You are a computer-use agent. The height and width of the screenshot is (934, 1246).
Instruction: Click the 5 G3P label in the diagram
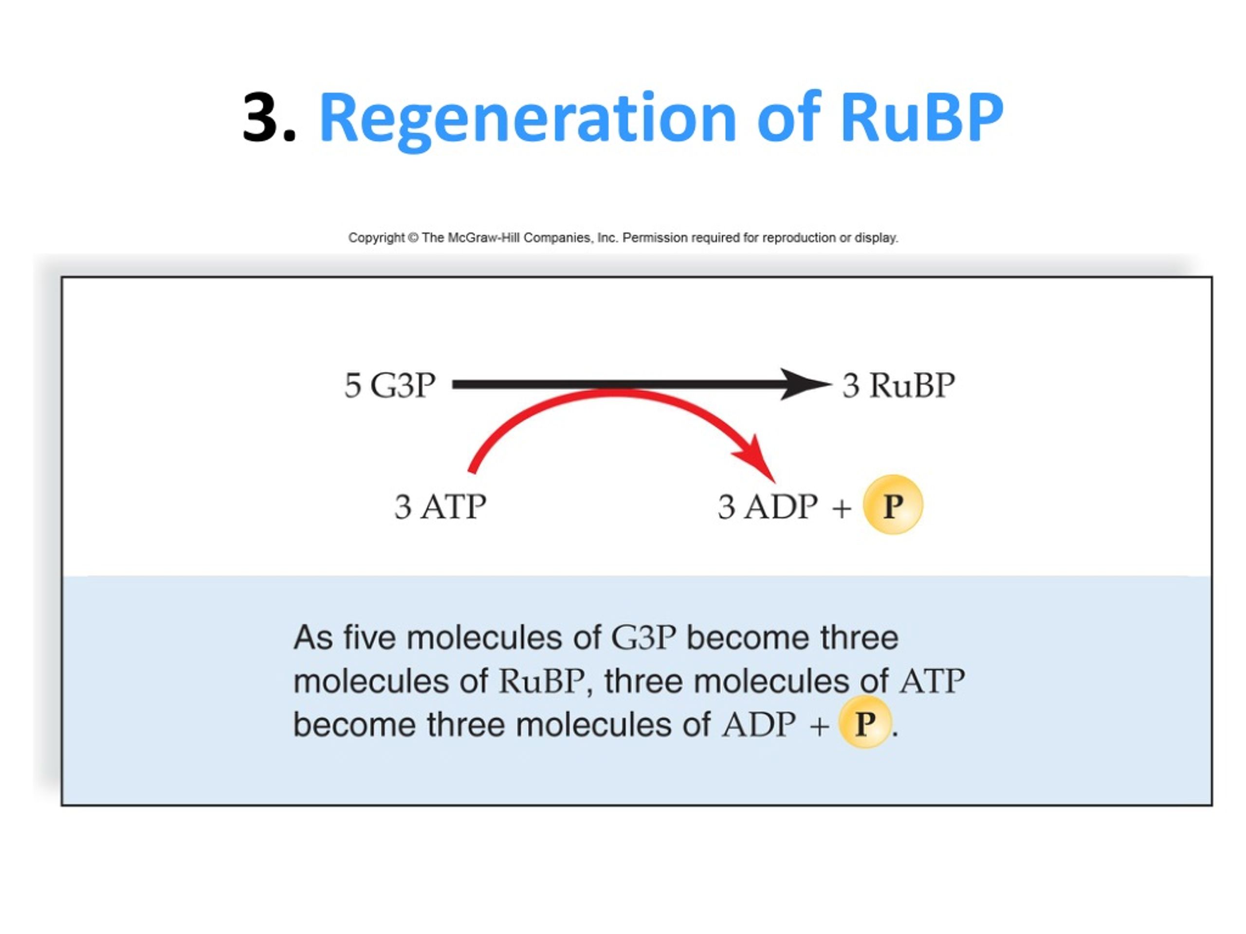pos(390,386)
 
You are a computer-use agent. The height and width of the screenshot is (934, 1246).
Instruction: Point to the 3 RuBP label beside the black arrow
pos(898,386)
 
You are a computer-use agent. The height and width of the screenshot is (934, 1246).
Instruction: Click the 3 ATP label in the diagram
pos(440,507)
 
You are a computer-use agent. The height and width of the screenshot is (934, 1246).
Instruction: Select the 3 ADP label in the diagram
pos(768,507)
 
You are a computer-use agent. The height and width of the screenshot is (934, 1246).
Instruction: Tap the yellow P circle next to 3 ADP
pos(893,505)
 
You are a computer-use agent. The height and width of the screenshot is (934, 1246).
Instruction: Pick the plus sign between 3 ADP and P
pos(842,508)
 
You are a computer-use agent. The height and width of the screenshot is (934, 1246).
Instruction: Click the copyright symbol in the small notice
pos(413,237)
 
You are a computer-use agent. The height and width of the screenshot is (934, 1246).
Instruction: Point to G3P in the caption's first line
pos(643,638)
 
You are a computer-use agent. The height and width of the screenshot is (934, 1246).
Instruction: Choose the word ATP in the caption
pos(932,681)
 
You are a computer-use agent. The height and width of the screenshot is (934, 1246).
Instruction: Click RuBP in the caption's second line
pos(541,681)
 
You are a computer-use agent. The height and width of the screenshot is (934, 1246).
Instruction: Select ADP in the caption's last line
pos(759,724)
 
